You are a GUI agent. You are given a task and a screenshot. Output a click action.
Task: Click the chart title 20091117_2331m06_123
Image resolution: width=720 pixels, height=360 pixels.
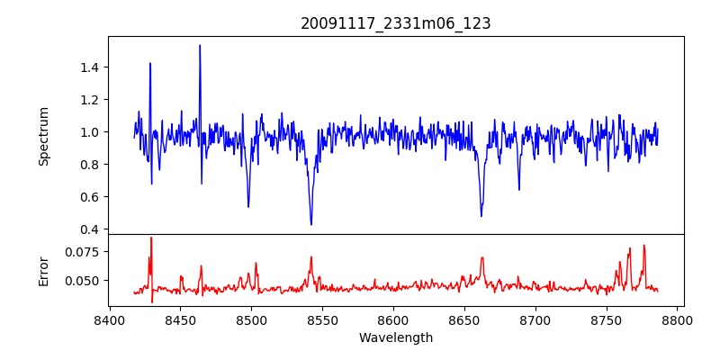[396, 23]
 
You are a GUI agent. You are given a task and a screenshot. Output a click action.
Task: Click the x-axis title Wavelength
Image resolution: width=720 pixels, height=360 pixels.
[396, 338]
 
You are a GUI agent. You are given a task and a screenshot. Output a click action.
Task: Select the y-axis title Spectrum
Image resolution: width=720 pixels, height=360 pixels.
[43, 136]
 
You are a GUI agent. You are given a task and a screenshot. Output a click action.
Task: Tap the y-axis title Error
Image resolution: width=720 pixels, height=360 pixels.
[43, 270]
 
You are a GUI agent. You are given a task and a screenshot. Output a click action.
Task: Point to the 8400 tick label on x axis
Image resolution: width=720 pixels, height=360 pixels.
[109, 320]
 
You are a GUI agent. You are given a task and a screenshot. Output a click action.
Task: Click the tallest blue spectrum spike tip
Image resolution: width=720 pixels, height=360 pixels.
[200, 45]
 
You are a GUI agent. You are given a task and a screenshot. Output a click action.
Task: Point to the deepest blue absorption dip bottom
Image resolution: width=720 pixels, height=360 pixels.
[311, 224]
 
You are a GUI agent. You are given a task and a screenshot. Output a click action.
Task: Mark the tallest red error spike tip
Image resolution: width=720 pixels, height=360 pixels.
[151, 238]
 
